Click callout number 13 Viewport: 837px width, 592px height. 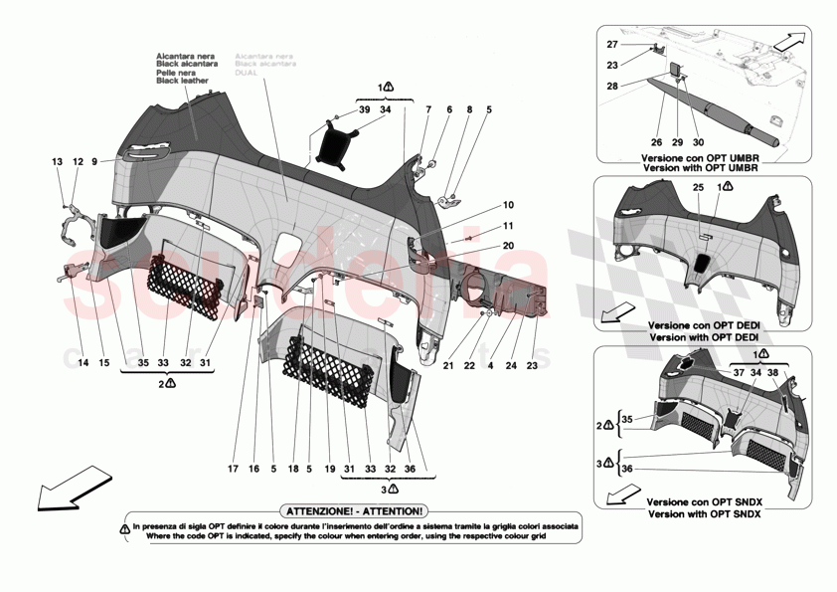point(58,161)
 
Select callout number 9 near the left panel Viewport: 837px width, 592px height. point(95,161)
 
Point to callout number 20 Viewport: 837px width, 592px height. point(509,246)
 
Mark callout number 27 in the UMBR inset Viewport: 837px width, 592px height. point(612,45)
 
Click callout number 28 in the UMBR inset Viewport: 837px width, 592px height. point(612,87)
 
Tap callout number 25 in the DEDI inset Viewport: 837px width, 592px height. point(698,188)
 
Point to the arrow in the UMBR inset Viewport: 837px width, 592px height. point(789,43)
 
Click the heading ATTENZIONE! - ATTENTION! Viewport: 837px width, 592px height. point(354,508)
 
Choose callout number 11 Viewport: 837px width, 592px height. point(509,226)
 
